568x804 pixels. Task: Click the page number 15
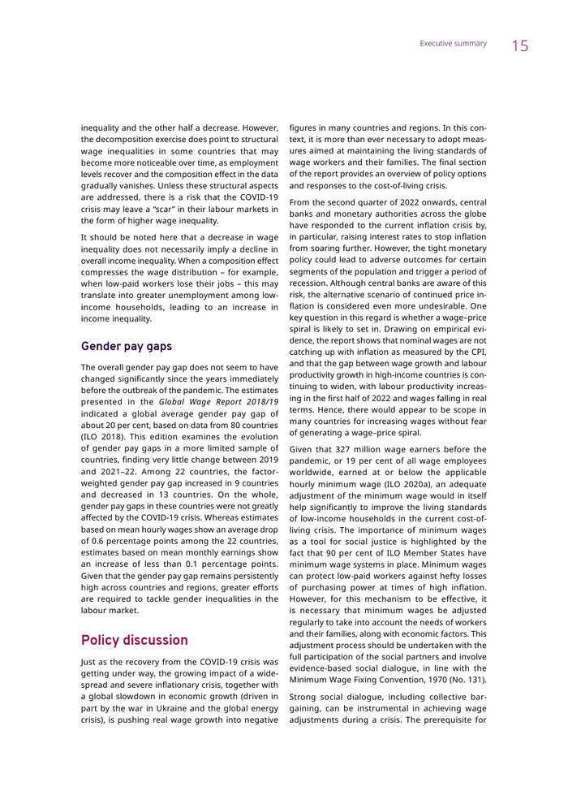519,46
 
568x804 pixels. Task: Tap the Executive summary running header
453,44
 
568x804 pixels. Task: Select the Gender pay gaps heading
127,346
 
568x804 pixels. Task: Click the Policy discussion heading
134,640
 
